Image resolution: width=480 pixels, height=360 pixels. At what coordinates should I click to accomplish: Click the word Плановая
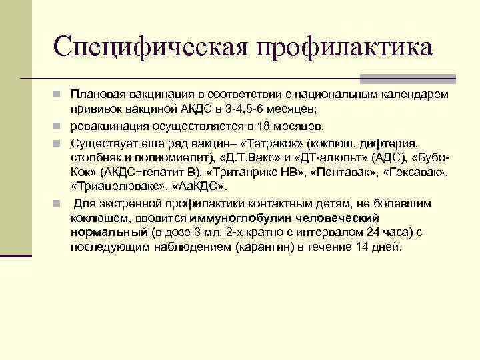tap(97, 94)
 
